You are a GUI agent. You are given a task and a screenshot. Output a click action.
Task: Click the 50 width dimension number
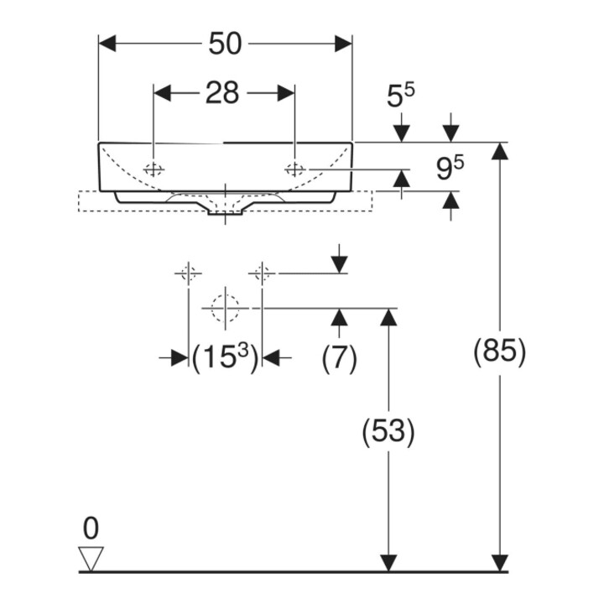point(226,44)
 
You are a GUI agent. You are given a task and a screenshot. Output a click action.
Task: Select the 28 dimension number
point(222,93)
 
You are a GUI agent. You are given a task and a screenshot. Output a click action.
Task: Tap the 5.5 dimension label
point(401,96)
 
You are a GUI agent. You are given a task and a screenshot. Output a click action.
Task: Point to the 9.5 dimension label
point(450,169)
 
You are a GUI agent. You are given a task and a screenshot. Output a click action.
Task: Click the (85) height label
point(500,351)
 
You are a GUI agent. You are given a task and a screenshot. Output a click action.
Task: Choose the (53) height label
point(388,431)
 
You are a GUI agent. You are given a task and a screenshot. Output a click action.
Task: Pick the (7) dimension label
point(340,358)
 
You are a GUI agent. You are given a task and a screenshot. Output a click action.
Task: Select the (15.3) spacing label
point(225,358)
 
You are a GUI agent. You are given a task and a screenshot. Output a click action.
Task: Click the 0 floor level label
point(91,528)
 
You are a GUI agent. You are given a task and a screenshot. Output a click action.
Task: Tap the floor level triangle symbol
point(91,559)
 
